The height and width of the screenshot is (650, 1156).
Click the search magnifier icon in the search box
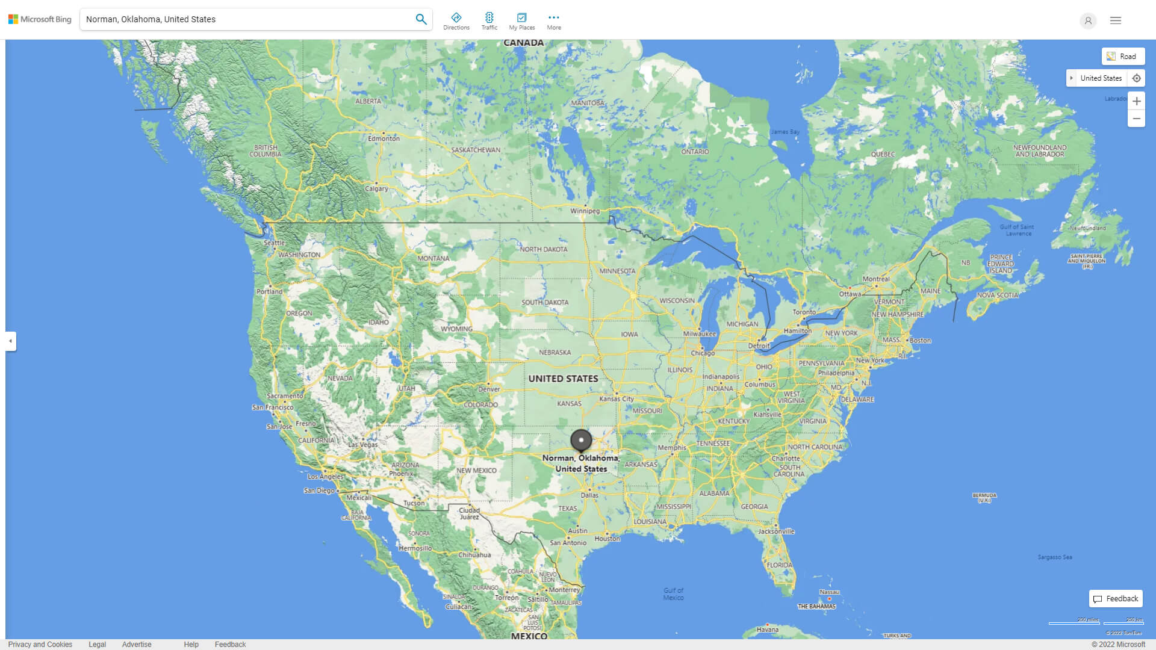[421, 19]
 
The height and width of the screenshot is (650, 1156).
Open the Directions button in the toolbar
[456, 20]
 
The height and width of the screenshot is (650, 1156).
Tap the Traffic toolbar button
[489, 20]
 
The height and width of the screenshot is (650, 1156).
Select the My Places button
[521, 20]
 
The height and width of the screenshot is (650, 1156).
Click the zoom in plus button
[1136, 101]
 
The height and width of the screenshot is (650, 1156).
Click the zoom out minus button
[1136, 119]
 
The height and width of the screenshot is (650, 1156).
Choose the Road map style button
[1123, 57]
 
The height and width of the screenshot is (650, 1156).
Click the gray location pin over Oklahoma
[581, 441]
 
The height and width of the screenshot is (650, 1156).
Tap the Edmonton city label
[384, 138]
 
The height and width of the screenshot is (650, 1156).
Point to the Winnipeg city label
[585, 211]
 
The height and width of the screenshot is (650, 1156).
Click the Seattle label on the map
[274, 243]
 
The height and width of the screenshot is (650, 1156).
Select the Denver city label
[489, 389]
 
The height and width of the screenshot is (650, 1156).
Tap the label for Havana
[768, 630]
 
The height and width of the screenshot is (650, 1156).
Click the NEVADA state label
[340, 379]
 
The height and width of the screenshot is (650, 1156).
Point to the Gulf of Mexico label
[673, 594]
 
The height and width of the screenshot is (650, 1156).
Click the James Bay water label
[785, 132]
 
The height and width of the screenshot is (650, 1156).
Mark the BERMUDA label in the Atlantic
[984, 497]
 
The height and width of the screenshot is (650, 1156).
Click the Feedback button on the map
[1116, 599]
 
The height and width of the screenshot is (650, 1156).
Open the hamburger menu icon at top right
[1116, 20]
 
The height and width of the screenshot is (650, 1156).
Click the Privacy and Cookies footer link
[40, 645]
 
